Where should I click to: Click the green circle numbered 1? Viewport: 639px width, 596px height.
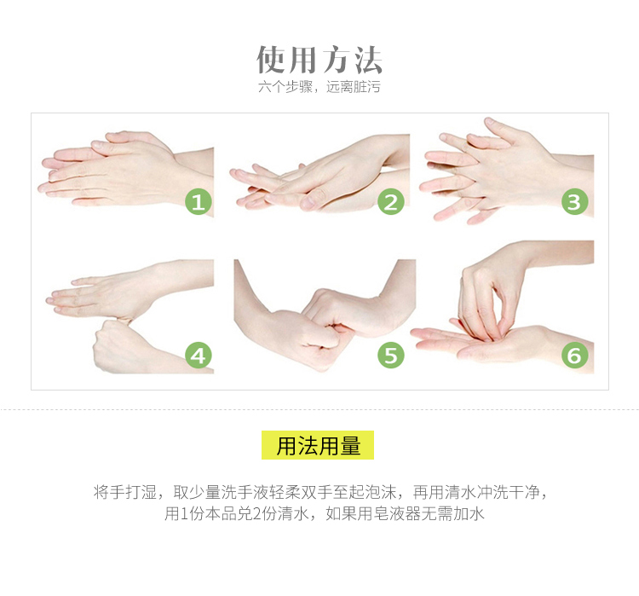199,201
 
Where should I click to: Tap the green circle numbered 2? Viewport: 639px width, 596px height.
391,201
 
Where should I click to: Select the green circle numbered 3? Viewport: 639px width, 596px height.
574,201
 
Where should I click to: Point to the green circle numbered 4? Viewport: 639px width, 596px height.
199,356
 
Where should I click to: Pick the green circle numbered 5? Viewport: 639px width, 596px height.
391,356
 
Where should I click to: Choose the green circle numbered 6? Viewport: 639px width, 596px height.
574,356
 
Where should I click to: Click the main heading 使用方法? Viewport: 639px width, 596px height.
319,60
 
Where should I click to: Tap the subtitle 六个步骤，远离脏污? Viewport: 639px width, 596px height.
319,87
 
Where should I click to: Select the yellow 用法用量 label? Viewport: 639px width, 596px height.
318,445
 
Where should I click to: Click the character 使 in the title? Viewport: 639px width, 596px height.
271,60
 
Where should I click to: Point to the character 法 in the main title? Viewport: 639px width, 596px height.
367,60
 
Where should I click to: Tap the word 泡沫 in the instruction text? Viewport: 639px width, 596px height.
381,492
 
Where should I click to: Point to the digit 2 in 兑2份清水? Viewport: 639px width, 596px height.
256,514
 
